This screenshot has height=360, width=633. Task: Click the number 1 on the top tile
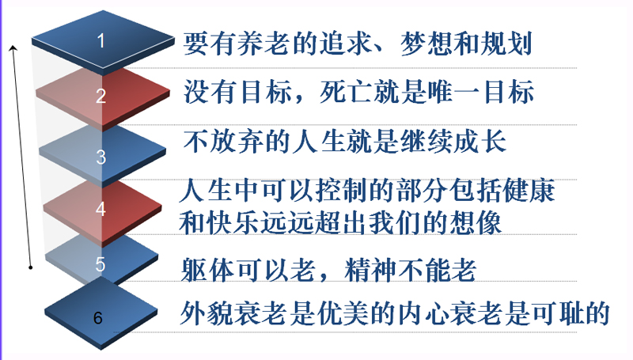coord(101,41)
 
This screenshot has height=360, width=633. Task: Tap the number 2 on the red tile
coord(101,96)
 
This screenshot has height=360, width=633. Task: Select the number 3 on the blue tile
coord(101,157)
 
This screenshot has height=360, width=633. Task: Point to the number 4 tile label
coord(101,209)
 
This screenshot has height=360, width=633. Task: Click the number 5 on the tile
coord(100,264)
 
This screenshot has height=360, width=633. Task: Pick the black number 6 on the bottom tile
coord(98,318)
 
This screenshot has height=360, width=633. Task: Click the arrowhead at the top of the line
coord(13,48)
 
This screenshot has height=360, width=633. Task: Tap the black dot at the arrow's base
coord(31,267)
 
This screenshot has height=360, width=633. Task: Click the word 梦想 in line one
coord(426,44)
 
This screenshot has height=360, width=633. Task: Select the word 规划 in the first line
coord(506,44)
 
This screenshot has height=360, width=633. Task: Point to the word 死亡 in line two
coord(345,93)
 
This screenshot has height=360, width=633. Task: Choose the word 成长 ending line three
coord(480,142)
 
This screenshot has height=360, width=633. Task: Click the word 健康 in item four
coord(529,191)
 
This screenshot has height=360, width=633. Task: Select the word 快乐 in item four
coord(233,223)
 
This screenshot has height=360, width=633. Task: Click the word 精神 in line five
coord(370,270)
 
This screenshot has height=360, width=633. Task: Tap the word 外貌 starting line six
coord(207,313)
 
